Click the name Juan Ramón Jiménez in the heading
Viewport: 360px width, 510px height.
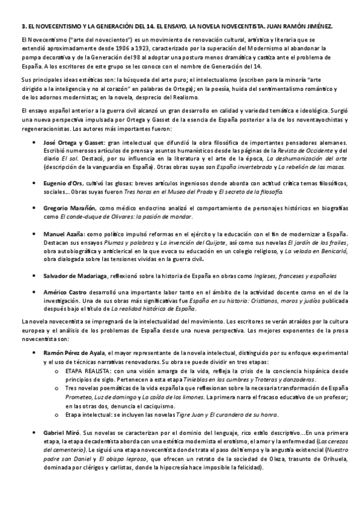(x=307, y=27)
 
